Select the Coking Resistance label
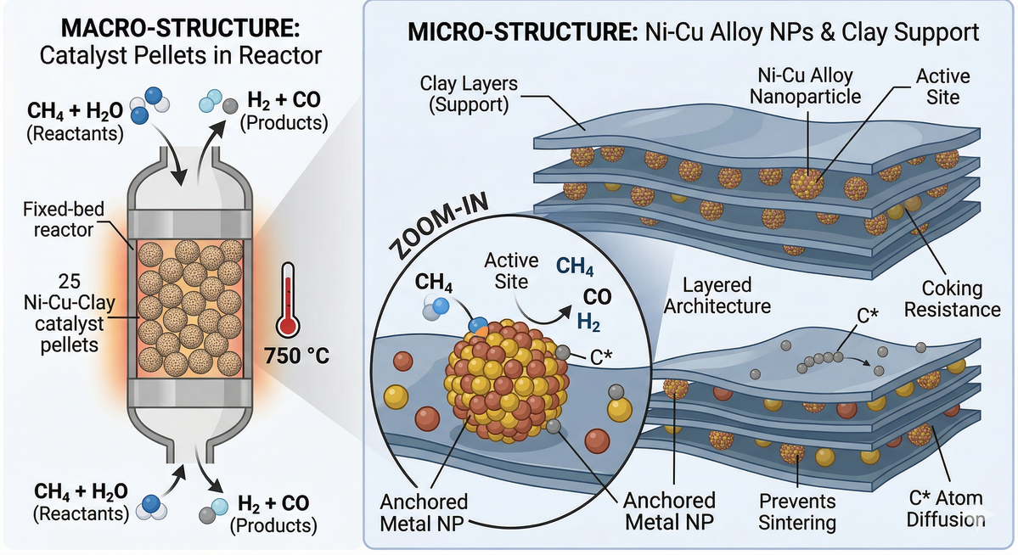pyautogui.click(x=951, y=299)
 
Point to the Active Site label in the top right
pyautogui.click(x=942, y=87)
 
